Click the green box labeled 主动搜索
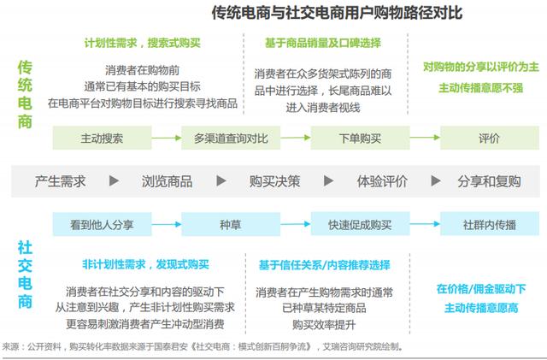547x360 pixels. click(x=102, y=138)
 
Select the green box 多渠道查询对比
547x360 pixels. click(x=231, y=138)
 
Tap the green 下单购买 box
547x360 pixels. click(x=360, y=138)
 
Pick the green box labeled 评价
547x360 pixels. click(x=490, y=138)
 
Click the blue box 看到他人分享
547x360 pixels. click(x=102, y=224)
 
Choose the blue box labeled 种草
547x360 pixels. click(x=231, y=224)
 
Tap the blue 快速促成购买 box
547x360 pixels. click(x=360, y=224)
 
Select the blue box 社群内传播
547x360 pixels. click(x=490, y=224)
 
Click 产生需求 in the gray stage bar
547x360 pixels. click(x=60, y=181)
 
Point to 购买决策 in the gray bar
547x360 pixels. click(x=274, y=181)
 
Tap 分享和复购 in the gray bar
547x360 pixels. click(x=489, y=181)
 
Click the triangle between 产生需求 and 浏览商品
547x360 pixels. click(x=114, y=181)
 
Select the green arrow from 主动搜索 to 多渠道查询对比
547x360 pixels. click(x=167, y=138)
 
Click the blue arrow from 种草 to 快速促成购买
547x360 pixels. click(x=296, y=224)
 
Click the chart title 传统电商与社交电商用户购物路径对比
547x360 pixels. click(x=337, y=13)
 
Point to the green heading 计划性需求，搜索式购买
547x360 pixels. click(x=143, y=43)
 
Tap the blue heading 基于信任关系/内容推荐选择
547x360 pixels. click(x=325, y=265)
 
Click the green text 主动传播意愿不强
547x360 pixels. click(x=480, y=87)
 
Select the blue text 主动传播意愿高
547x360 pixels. click(x=481, y=308)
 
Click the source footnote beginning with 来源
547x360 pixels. click(x=203, y=346)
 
